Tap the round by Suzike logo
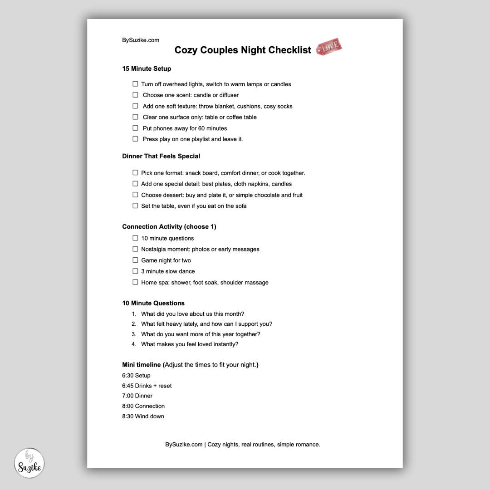tap(29, 463)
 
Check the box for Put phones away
tap(135, 128)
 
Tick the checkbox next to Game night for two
tap(135, 260)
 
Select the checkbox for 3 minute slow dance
tap(135, 271)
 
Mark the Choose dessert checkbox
tap(135, 195)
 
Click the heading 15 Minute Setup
tap(147, 69)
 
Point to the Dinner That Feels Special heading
tap(161, 156)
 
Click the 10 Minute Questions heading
tap(153, 303)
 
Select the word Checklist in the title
tap(289, 50)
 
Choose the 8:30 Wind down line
tap(143, 416)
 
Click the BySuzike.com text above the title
tap(141, 40)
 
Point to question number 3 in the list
tap(201, 334)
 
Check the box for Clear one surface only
tap(135, 117)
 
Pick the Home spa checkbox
tap(135, 282)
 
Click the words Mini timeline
tap(141, 365)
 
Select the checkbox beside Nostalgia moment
tap(135, 249)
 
